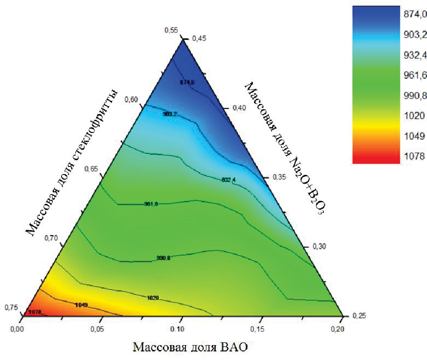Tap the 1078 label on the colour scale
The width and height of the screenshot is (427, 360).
pyautogui.click(x=412, y=156)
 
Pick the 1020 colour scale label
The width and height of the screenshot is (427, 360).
pyautogui.click(x=412, y=115)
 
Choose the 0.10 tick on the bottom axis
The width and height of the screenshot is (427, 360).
pyautogui.click(x=179, y=328)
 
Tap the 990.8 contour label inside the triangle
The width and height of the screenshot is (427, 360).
pyautogui.click(x=163, y=258)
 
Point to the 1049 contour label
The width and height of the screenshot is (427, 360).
pyautogui.click(x=81, y=304)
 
